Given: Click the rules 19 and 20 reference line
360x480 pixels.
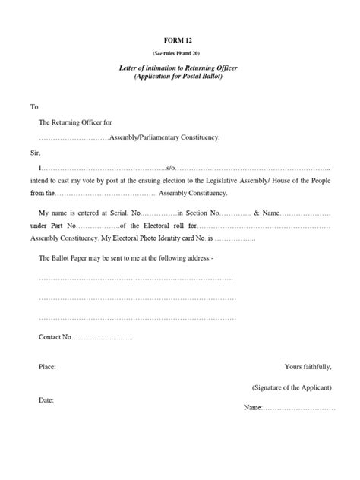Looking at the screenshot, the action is tap(179, 53).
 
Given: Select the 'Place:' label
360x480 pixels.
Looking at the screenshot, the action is tap(47, 366).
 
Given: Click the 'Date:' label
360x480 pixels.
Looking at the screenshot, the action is tap(46, 399).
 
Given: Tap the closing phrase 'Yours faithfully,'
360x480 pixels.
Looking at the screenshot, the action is tap(308, 366).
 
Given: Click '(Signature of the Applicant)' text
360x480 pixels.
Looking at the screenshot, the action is tap(292, 387).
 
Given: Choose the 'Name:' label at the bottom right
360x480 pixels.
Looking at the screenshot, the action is tap(252, 409).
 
